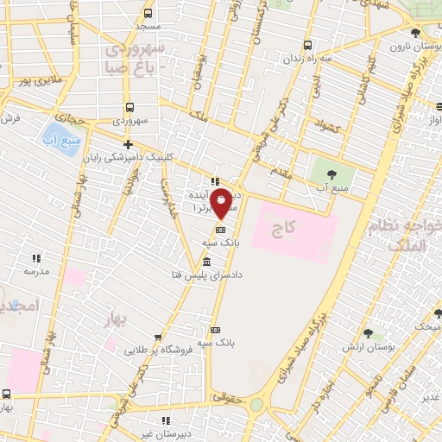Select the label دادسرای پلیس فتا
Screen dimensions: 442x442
[207, 275]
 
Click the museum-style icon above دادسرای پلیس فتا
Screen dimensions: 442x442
[207, 262]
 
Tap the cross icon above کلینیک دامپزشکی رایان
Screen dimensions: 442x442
[129, 144]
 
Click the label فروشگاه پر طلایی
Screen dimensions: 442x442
[156, 350]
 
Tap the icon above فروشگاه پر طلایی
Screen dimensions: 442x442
[156, 338]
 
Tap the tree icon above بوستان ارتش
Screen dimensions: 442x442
[369, 334]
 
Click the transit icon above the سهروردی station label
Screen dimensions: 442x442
[129, 108]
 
